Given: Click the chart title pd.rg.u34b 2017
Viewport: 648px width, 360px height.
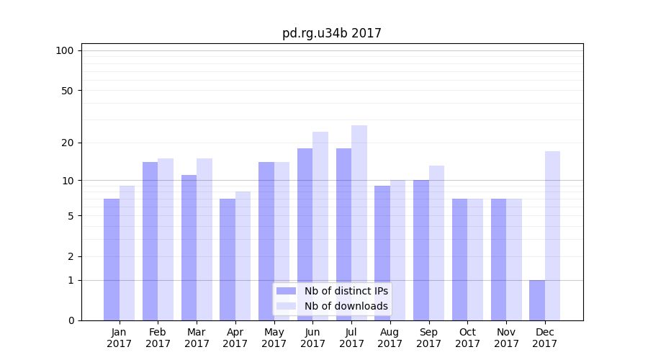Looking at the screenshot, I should coord(331,33).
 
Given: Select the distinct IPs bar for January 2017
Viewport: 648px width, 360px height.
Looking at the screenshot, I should coord(112,259).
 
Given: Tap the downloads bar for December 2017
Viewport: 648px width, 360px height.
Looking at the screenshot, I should coord(553,235).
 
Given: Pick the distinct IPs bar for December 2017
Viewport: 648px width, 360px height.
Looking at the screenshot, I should coord(537,300).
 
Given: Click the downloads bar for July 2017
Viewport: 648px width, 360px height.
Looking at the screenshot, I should coord(359,222).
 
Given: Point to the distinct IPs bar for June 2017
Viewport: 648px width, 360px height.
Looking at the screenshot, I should coord(305,234).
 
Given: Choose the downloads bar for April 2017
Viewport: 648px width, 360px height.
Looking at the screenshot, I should coord(243,256).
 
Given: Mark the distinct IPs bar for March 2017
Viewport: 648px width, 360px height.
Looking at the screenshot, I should coord(189,247).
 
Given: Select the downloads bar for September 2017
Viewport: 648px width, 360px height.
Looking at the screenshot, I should coord(437,243).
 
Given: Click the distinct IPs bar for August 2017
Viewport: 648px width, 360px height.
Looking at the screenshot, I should coord(382,253).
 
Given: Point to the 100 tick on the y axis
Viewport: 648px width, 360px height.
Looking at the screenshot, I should coord(65,50).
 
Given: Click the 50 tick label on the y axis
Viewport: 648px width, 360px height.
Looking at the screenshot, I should coord(68,91).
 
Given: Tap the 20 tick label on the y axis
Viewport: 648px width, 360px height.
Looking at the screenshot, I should coord(68,143).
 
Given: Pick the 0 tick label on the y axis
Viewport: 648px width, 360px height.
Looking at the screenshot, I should coord(71,320).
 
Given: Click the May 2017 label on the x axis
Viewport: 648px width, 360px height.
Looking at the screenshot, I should coord(274,338).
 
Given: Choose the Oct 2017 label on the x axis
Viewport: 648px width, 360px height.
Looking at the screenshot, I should coord(468,338).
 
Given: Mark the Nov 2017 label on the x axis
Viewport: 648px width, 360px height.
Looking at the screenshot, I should coord(506,338).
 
